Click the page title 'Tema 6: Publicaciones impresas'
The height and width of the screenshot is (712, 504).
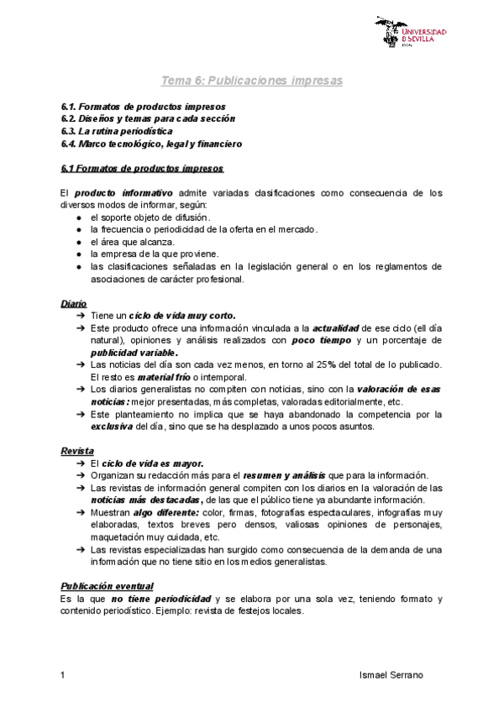pyautogui.click(x=252, y=81)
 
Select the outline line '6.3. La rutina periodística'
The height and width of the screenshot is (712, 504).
pyautogui.click(x=117, y=131)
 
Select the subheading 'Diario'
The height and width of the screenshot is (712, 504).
pyautogui.click(x=74, y=302)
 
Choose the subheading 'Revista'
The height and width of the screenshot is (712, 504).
pyautogui.click(x=77, y=450)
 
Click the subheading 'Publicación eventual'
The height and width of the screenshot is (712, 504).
pyautogui.click(x=107, y=585)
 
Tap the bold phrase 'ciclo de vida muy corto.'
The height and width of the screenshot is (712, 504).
pyautogui.click(x=181, y=315)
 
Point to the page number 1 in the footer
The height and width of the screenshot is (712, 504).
pyautogui.click(x=64, y=675)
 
